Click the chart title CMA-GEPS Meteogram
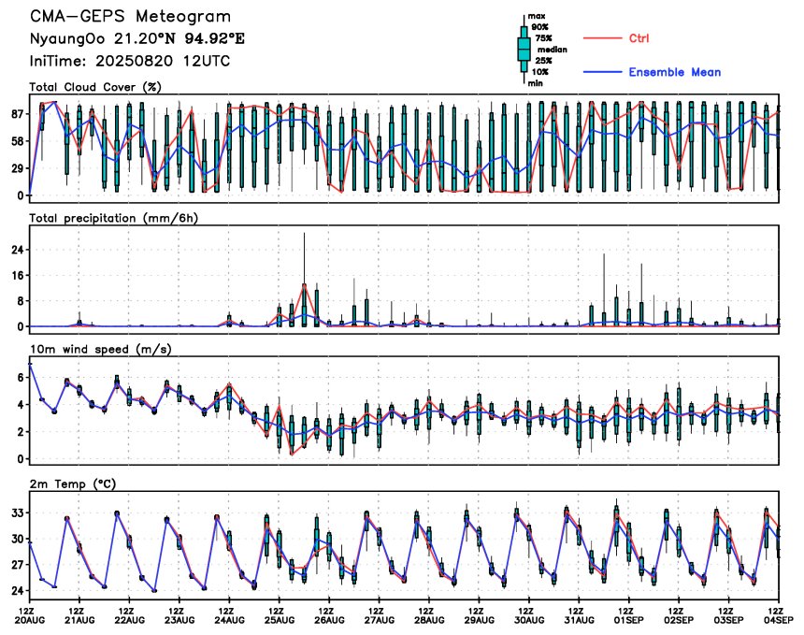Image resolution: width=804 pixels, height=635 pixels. [x=130, y=17]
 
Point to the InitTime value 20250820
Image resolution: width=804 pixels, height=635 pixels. [x=135, y=61]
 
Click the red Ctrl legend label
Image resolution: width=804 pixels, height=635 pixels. [x=639, y=38]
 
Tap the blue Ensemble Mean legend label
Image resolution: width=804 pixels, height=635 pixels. [x=675, y=72]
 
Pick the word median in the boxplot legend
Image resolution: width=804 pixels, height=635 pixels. [x=553, y=50]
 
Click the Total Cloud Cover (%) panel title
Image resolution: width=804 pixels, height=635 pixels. [x=95, y=87]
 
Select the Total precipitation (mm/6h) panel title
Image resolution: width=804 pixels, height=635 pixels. [x=114, y=219]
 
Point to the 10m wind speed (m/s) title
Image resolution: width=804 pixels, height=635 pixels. [x=101, y=350]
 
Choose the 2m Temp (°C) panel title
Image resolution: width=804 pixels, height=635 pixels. [x=73, y=484]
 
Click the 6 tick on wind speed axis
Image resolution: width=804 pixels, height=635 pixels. [x=21, y=378]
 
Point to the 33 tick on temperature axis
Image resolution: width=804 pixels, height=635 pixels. [x=18, y=512]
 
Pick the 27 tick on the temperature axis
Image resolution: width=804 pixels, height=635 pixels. [x=18, y=565]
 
